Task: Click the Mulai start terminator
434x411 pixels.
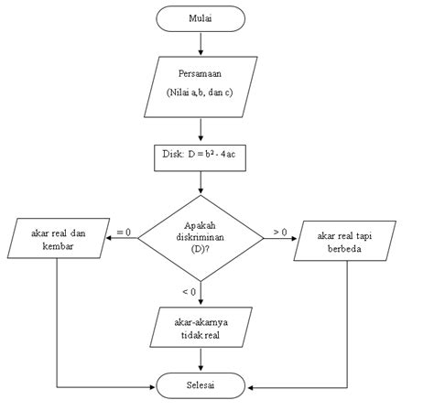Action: pos(201,18)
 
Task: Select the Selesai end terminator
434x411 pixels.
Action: pos(201,385)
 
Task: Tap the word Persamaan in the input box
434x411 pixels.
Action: pos(201,73)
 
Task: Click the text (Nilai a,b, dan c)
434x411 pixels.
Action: pos(201,92)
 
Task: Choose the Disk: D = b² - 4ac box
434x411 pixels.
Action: pos(201,157)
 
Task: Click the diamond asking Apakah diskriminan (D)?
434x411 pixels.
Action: pos(201,238)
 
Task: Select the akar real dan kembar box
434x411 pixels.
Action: pos(59,238)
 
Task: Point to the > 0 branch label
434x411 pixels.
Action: pos(280,233)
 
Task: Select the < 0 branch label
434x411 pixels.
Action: pos(189,291)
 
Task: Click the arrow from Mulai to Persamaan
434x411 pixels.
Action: pos(201,42)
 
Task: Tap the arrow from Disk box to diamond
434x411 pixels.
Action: pos(201,183)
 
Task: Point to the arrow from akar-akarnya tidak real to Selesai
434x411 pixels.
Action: pos(201,360)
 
